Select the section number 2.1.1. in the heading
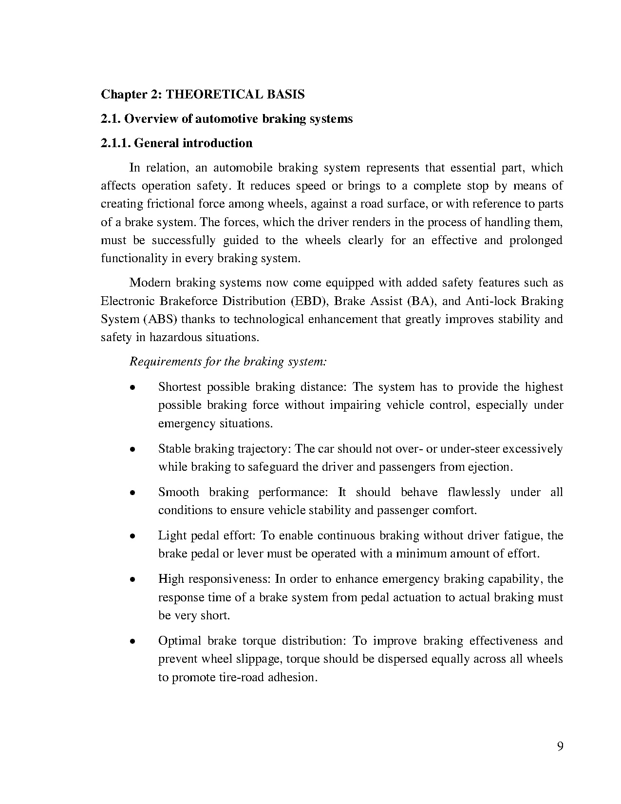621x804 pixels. pos(115,143)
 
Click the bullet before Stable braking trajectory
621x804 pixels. pos(132,450)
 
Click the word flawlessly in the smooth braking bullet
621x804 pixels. pos(473,492)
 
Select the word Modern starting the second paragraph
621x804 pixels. pos(150,283)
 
